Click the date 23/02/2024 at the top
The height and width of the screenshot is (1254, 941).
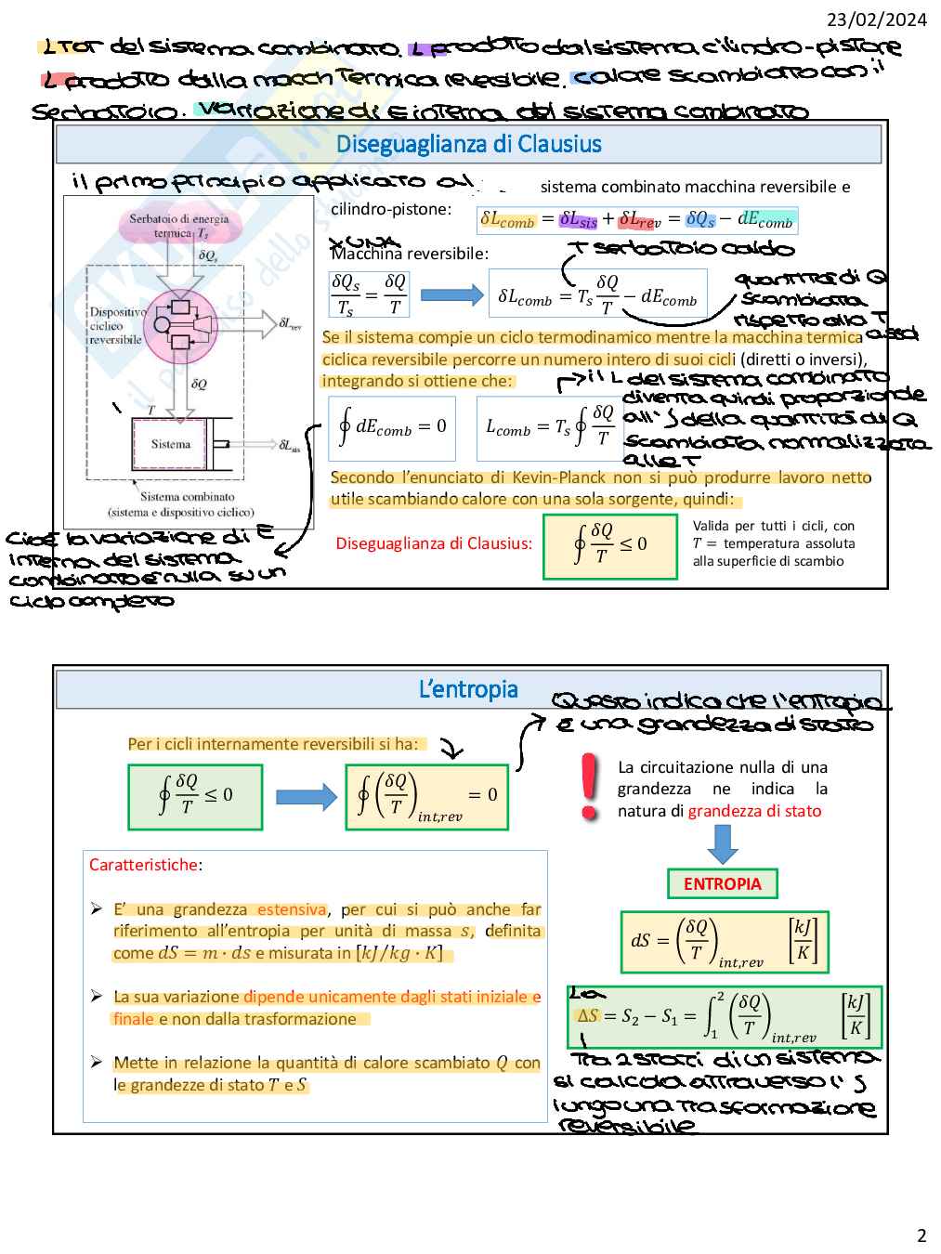coord(877,19)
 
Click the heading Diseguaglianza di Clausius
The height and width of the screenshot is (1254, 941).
coord(468,144)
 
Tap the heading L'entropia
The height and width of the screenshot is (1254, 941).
coord(468,689)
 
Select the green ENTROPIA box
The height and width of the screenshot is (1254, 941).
coord(722,883)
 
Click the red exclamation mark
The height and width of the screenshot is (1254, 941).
coord(588,786)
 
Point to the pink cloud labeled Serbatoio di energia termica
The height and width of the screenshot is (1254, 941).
coord(179,226)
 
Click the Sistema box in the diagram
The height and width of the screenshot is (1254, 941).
coord(171,444)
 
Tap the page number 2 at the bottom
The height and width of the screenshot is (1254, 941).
coord(921,1235)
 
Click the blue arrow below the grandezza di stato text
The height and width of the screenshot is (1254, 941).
coord(722,843)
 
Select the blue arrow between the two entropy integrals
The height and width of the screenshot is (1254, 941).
coord(307,796)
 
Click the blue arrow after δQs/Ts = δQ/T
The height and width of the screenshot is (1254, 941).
coord(451,295)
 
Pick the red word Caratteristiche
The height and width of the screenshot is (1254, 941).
coord(143,865)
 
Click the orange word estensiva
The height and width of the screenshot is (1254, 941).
coord(292,909)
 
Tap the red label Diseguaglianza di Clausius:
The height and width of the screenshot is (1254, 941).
coord(434,543)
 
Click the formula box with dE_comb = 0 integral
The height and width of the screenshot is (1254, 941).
coord(392,428)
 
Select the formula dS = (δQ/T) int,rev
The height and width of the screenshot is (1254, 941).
coord(724,942)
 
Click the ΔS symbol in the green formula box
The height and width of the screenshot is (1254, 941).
coord(587,1015)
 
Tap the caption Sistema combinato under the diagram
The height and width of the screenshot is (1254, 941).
coord(188,497)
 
